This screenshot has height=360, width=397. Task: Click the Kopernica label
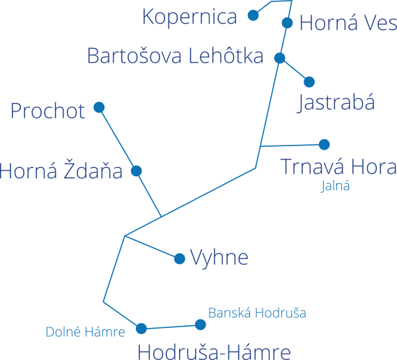pyautogui.click(x=189, y=17)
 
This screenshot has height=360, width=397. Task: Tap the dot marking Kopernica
pyautogui.click(x=254, y=15)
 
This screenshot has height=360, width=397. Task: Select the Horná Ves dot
pyautogui.click(x=287, y=23)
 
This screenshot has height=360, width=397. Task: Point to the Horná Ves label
pyautogui.click(x=348, y=23)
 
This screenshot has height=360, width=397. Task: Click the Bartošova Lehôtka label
pyautogui.click(x=176, y=56)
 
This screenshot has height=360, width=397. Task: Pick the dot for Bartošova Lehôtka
pyautogui.click(x=279, y=58)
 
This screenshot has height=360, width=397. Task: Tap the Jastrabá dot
pyautogui.click(x=309, y=82)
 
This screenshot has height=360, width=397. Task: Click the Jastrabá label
pyautogui.click(x=336, y=103)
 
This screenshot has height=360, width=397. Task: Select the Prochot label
pyautogui.click(x=47, y=111)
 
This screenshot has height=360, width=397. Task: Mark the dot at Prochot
pyautogui.click(x=99, y=107)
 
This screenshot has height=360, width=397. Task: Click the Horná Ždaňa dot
pyautogui.click(x=137, y=171)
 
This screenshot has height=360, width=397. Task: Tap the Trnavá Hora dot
pyautogui.click(x=325, y=145)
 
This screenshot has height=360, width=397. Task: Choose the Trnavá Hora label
pyautogui.click(x=338, y=166)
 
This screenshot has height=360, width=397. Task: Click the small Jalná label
pyautogui.click(x=335, y=186)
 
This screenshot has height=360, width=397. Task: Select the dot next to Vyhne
pyautogui.click(x=180, y=259)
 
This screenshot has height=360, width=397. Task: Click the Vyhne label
pyautogui.click(x=219, y=258)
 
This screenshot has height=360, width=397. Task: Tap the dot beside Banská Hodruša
pyautogui.click(x=201, y=324)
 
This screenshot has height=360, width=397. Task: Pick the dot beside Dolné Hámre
pyautogui.click(x=141, y=329)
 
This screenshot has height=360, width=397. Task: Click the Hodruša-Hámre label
pyautogui.click(x=214, y=352)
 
